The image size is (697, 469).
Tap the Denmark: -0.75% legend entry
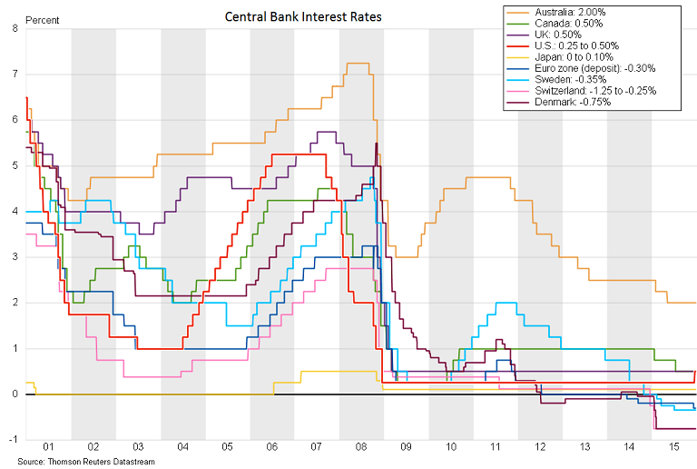point(563,102)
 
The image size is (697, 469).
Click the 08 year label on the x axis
point(361,447)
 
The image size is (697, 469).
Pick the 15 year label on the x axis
point(673,447)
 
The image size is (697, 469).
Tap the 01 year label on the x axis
point(49,447)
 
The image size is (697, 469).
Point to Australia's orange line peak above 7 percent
point(358,63)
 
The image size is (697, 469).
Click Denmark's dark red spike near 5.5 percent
point(376,144)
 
